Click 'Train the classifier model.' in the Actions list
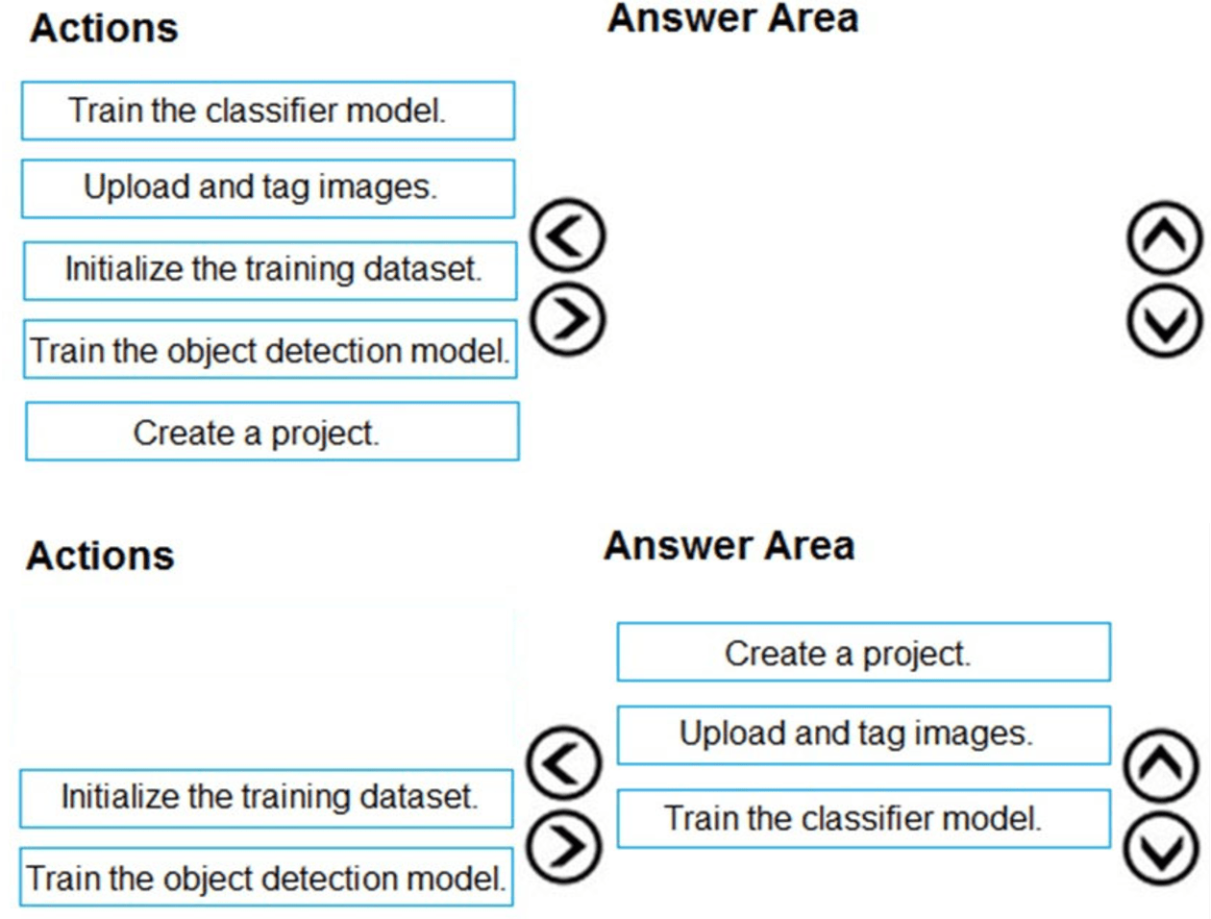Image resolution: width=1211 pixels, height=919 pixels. (268, 111)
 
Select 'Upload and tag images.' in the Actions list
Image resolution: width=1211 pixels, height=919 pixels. (268, 188)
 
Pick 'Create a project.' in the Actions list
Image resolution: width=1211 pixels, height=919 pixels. (272, 432)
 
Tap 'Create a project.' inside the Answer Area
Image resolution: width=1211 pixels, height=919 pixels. (863, 653)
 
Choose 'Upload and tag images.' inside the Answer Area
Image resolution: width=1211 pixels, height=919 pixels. (863, 734)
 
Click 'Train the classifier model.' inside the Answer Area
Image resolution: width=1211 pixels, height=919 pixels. (863, 818)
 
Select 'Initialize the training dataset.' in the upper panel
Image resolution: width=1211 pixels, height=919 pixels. (270, 270)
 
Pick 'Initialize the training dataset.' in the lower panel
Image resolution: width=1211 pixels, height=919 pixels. (266, 798)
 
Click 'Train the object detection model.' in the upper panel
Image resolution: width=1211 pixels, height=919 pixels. (270, 350)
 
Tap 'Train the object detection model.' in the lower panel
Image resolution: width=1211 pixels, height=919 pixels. (266, 877)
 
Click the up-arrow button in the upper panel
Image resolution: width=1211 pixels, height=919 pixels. (1164, 237)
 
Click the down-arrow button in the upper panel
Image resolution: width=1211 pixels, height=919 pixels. (1164, 321)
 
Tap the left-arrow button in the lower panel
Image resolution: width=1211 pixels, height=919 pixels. (564, 763)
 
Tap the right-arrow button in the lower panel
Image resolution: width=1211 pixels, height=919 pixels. (564, 846)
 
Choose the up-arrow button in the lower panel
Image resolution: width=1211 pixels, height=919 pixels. (1161, 765)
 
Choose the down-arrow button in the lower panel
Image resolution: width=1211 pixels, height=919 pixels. (1161, 848)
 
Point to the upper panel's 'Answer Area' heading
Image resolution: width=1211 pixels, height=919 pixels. (732, 19)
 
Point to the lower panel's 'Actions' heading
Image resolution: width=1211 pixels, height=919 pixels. (100, 556)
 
